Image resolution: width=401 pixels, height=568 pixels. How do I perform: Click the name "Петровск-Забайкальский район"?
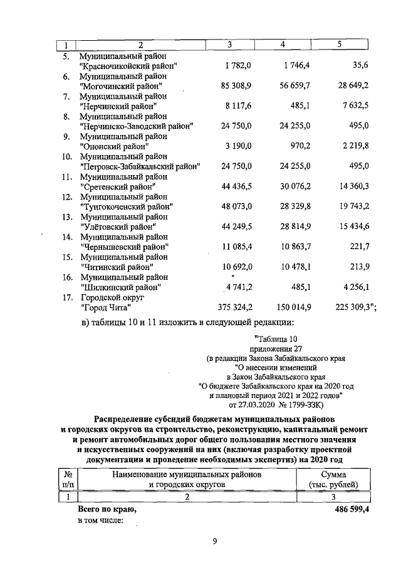140,166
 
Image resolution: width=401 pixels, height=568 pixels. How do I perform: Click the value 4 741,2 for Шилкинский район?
237,287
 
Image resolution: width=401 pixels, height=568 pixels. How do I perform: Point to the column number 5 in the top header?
339,45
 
